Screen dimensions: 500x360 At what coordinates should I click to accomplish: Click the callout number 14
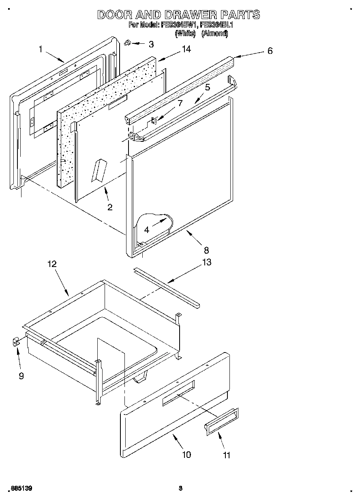click(186, 49)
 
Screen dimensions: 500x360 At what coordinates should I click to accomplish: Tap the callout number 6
click(270, 51)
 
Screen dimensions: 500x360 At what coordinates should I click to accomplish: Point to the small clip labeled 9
click(16, 343)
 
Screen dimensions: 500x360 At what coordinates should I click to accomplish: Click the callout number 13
click(206, 262)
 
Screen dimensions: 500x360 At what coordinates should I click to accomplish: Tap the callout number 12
click(51, 264)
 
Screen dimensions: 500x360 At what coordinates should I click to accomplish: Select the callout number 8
click(206, 250)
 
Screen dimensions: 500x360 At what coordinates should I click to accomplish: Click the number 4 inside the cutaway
click(146, 230)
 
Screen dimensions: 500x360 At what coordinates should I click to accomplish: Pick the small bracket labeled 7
click(155, 120)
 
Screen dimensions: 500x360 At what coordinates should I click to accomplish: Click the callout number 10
click(186, 455)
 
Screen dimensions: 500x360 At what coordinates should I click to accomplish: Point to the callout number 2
click(110, 207)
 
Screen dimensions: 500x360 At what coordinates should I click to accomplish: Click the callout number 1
click(41, 49)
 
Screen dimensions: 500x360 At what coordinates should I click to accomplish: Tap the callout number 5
click(207, 87)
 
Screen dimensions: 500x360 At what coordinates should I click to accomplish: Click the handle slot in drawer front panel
click(178, 393)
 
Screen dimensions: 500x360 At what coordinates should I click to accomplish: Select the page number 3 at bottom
click(181, 489)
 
